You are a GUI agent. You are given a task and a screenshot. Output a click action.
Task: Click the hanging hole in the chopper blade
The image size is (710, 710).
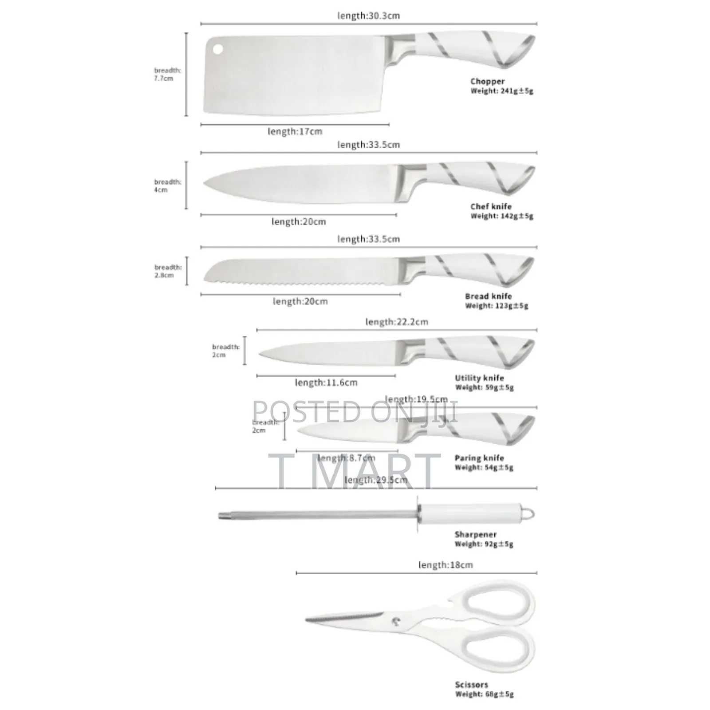click(x=217, y=48)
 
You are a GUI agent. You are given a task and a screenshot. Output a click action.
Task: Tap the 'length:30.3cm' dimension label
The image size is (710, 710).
click(x=368, y=16)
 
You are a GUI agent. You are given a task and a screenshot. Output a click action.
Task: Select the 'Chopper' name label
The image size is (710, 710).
click(x=487, y=81)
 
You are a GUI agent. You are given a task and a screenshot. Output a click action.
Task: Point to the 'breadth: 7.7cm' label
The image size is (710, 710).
click(x=167, y=74)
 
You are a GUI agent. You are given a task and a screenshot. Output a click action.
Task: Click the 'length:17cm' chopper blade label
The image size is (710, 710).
click(x=295, y=132)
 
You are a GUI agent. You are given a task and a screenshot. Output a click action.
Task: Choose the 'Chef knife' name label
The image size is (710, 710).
click(x=491, y=206)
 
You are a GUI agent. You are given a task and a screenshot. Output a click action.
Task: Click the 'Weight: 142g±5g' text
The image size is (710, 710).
click(x=501, y=216)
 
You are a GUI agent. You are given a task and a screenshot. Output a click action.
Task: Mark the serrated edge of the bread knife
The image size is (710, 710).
click(x=302, y=282)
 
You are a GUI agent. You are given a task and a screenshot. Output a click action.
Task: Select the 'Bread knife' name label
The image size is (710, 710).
click(x=488, y=296)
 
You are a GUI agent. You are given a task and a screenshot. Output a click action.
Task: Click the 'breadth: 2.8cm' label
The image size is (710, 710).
click(x=167, y=271)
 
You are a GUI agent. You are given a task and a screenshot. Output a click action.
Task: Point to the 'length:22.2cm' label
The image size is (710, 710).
click(x=396, y=322)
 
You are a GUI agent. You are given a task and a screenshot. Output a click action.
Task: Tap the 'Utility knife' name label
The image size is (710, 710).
click(x=479, y=378)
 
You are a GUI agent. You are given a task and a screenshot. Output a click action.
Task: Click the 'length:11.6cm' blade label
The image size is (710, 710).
click(x=326, y=383)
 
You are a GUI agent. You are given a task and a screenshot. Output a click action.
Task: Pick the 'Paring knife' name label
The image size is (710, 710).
click(x=479, y=458)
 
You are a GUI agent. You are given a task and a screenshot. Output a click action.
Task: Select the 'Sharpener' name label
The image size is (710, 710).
click(x=475, y=534)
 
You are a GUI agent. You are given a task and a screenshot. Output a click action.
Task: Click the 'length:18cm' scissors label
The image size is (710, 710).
click(x=445, y=565)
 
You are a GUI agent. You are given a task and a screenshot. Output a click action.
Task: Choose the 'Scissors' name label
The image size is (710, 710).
click(x=471, y=685)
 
